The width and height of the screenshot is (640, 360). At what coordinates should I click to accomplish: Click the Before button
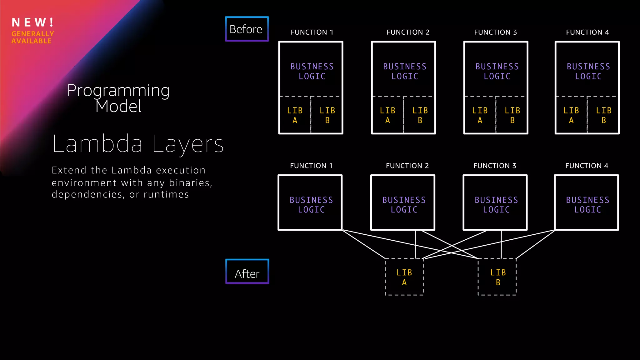(x=247, y=29)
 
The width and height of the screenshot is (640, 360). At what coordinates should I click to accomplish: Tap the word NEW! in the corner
(x=33, y=22)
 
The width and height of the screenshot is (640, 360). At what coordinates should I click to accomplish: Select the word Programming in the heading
(x=118, y=91)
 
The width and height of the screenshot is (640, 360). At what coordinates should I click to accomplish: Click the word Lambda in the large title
(x=97, y=144)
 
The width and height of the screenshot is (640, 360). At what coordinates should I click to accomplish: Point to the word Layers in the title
(x=188, y=144)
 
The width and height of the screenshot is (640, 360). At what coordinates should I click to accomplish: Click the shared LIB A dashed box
(x=404, y=277)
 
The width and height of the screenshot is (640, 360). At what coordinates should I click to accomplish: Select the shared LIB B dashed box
(x=497, y=277)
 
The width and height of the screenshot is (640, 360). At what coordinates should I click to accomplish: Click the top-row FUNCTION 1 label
(x=312, y=32)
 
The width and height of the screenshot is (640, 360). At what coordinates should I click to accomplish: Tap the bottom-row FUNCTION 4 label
(x=587, y=166)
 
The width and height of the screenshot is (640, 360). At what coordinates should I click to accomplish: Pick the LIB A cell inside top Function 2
(x=387, y=115)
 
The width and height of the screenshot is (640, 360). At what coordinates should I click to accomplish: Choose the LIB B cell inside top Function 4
(x=603, y=115)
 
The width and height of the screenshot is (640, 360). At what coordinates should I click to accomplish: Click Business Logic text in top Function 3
(x=497, y=71)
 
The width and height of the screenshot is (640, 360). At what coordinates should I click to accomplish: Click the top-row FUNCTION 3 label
(x=495, y=32)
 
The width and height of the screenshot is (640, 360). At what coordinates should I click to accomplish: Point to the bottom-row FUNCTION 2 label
(x=407, y=166)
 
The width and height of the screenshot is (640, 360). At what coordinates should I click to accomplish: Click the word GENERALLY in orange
(x=33, y=34)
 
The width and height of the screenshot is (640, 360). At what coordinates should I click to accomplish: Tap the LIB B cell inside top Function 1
(x=327, y=115)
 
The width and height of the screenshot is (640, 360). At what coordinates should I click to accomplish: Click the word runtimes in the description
(x=166, y=194)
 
